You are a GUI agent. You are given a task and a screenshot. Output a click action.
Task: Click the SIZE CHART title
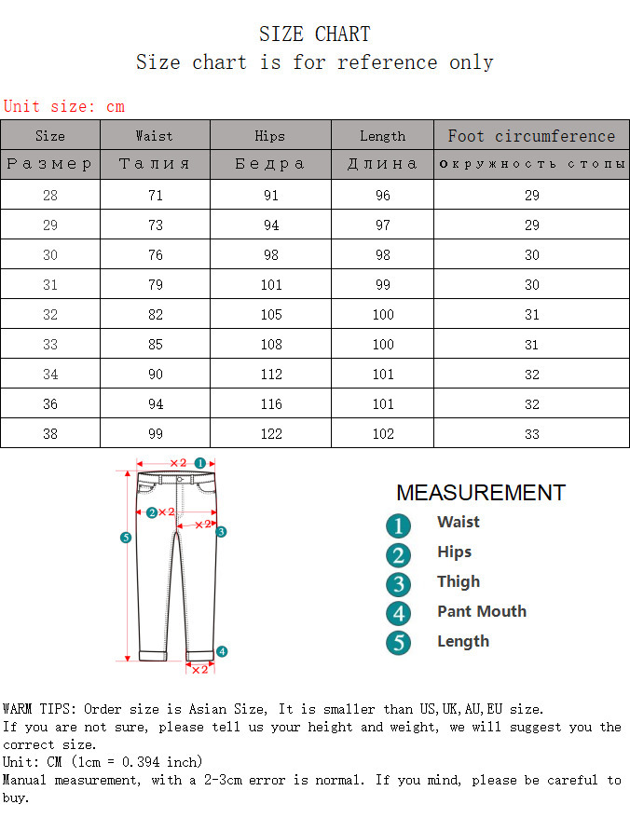point(314,34)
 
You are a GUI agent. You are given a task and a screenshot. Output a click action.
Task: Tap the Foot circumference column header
point(531,136)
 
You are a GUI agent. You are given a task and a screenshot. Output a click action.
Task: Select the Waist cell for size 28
point(155,196)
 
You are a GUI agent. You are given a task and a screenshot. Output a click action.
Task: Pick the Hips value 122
point(270,434)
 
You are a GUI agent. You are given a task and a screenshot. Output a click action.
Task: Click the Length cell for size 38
point(382,434)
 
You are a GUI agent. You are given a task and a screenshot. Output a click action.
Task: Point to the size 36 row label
point(49,404)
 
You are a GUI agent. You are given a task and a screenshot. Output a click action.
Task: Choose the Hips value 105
point(270,315)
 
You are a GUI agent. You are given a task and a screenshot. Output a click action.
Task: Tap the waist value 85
point(155,345)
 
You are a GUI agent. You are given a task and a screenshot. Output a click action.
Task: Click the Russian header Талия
point(155,164)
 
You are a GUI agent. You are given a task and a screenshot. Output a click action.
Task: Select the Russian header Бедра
point(270,164)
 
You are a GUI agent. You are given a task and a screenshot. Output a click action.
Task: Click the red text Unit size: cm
point(63,106)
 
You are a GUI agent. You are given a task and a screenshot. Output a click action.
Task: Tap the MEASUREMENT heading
point(480,493)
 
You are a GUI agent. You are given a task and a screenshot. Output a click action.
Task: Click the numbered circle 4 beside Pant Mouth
point(398,613)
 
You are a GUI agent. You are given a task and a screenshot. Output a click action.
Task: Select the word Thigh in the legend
point(459,581)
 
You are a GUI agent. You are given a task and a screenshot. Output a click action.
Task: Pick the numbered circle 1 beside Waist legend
point(398,525)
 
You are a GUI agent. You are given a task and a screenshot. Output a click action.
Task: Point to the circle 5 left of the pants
point(126,537)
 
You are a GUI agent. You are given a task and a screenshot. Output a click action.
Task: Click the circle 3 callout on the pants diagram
point(222,532)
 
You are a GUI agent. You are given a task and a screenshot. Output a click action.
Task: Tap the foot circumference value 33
point(531,434)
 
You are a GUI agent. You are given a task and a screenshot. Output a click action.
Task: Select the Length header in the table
point(382,136)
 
